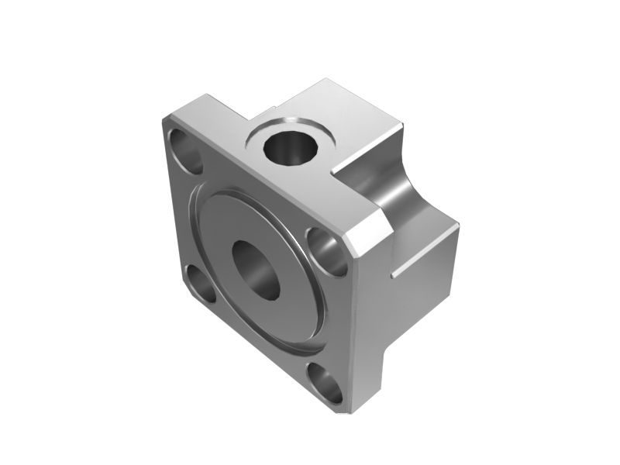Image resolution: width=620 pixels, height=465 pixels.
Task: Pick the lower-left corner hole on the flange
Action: coord(200,285)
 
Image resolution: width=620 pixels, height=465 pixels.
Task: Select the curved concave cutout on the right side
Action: coord(399,198)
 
